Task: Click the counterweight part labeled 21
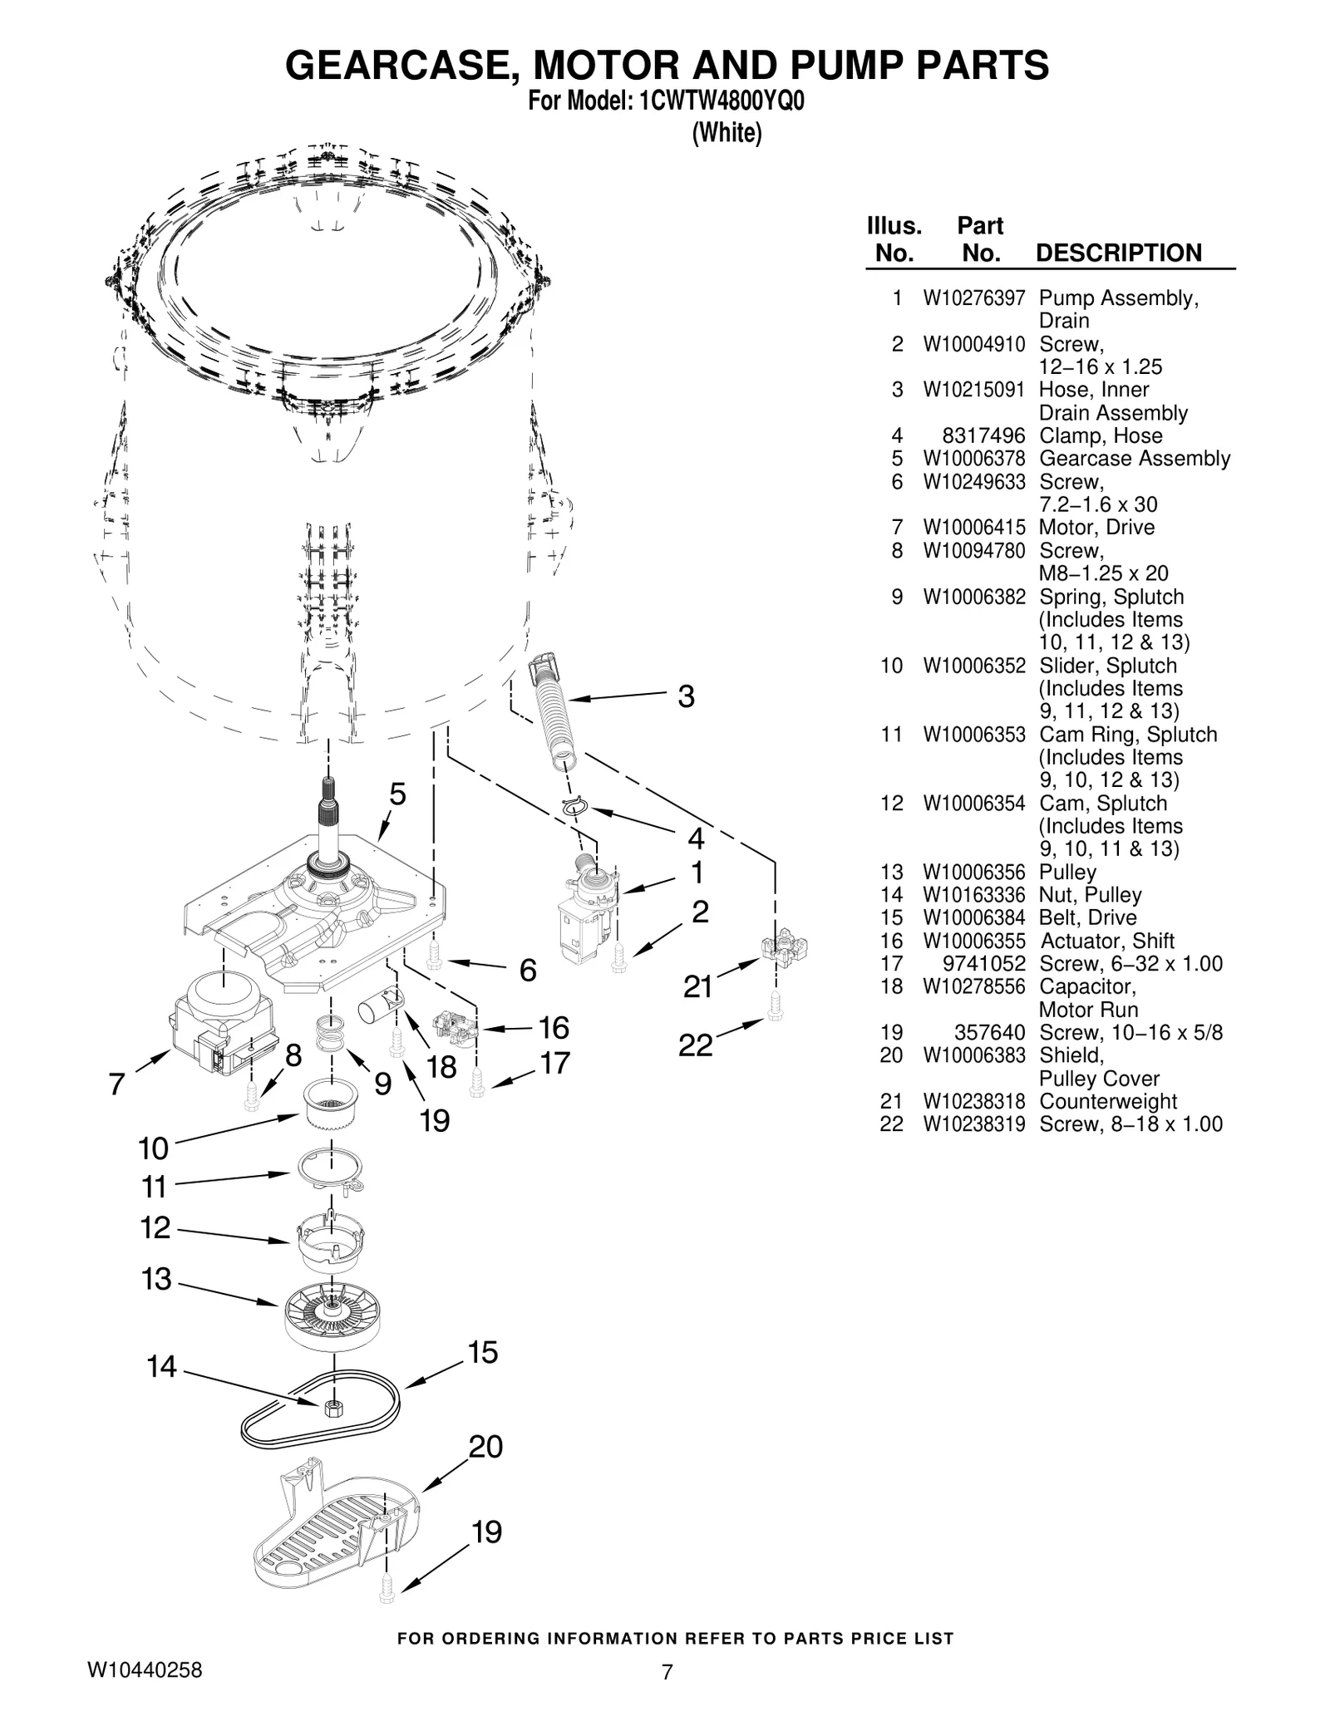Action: [784, 947]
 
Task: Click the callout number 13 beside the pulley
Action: [156, 1279]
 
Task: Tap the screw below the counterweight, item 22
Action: [775, 1006]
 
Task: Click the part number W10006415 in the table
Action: [973, 528]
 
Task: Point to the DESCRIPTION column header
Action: [1118, 253]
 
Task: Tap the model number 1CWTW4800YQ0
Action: [721, 101]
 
